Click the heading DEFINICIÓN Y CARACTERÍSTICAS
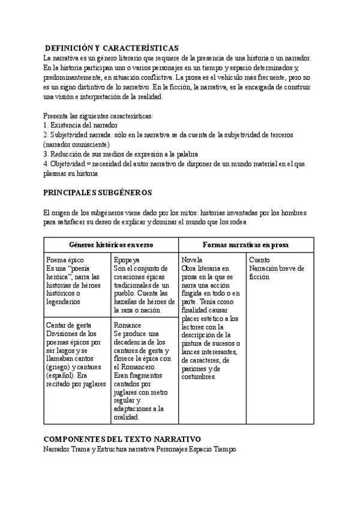click(x=112, y=48)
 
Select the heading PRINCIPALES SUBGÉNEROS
click(x=98, y=193)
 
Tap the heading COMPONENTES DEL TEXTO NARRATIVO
click(x=122, y=439)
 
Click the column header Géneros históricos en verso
click(x=111, y=245)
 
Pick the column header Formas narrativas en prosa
click(x=246, y=245)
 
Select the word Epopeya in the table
click(x=127, y=260)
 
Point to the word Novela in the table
click(x=191, y=260)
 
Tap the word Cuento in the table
click(x=259, y=260)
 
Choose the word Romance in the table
click(x=127, y=325)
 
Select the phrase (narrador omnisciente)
click(x=77, y=145)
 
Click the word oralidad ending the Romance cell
click(x=126, y=417)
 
